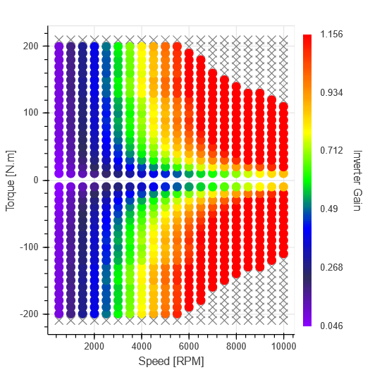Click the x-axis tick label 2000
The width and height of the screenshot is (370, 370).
(x=94, y=346)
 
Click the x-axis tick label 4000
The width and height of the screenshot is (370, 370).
(x=142, y=346)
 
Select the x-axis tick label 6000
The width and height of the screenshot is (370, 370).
(x=189, y=346)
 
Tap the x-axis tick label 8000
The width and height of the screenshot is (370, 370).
(x=236, y=346)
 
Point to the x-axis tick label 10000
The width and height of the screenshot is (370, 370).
(x=283, y=346)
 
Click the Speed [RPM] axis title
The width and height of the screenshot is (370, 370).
(x=171, y=361)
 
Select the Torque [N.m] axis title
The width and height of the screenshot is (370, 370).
(x=11, y=180)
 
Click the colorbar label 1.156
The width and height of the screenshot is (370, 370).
(x=331, y=34)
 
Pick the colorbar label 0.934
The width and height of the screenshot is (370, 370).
(x=331, y=92)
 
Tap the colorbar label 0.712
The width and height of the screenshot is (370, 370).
(x=331, y=151)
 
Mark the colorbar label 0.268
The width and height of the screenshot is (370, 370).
(x=331, y=268)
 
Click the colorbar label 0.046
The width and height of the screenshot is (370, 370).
(x=331, y=326)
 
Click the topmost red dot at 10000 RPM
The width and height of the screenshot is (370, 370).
(x=283, y=107)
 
